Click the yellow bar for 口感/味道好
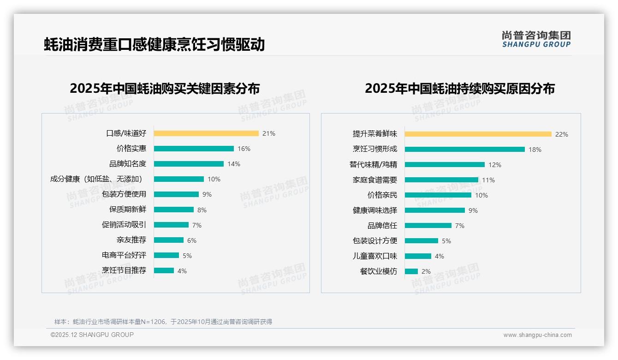click(206, 133)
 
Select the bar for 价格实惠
click(194, 149)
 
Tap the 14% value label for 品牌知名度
click(234, 164)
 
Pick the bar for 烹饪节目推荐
click(164, 270)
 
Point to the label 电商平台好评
click(124, 255)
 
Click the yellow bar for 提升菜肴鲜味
click(478, 134)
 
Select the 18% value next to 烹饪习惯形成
click(535, 150)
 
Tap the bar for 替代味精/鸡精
click(445, 165)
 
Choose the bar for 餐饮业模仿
click(411, 271)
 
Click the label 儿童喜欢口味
click(374, 256)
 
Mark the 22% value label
click(562, 134)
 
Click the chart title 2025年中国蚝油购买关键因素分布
click(165, 89)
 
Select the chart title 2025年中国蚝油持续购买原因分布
click(460, 89)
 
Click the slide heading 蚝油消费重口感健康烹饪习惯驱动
click(154, 45)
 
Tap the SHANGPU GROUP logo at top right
click(536, 39)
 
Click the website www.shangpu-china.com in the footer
click(537, 335)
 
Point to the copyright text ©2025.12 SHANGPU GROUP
click(92, 335)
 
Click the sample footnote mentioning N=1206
click(163, 322)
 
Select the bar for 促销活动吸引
click(171, 225)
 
